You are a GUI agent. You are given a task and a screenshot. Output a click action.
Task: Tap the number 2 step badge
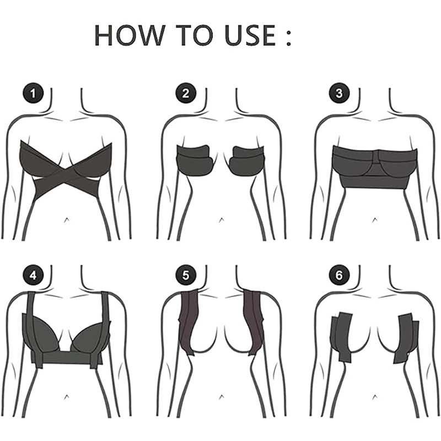[x=186, y=93]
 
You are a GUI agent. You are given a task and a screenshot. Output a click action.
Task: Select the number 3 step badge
[x=338, y=93]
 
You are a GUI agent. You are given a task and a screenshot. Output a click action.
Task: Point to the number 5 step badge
[x=186, y=273]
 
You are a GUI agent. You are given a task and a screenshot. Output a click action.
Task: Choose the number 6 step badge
[x=338, y=273]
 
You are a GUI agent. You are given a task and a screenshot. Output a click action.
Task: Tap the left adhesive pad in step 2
[x=195, y=159]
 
